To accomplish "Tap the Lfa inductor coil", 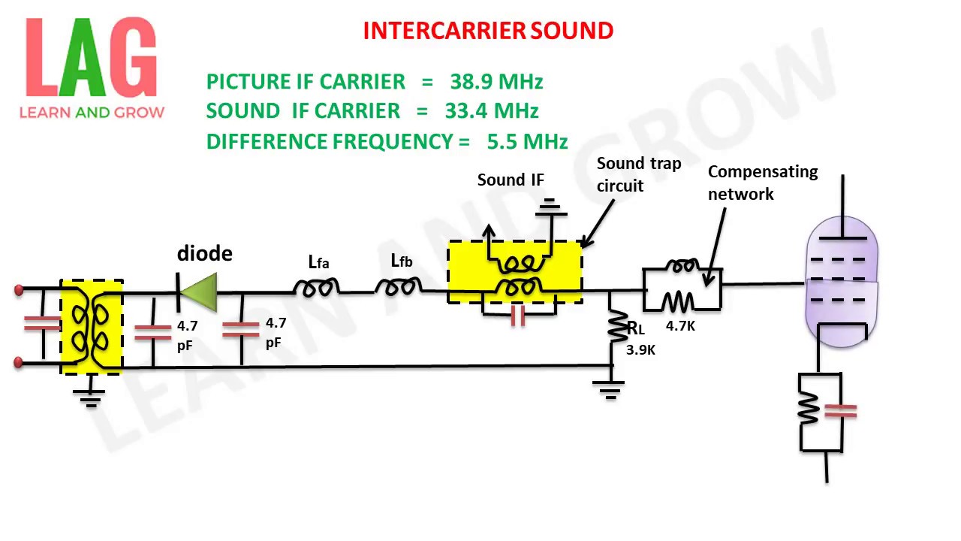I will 315,286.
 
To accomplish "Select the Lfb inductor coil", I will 398,286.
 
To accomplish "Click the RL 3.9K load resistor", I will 617,328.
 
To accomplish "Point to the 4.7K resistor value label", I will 680,326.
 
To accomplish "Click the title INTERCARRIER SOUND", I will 488,31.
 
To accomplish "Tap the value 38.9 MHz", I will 496,81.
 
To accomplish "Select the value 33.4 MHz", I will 492,111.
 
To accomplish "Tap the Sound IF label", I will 511,180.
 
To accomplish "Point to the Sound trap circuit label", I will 638,174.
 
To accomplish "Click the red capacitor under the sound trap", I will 517,316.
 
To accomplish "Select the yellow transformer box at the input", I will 92,327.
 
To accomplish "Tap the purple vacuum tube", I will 842,281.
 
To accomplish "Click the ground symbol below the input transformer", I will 91,395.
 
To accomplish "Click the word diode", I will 204,254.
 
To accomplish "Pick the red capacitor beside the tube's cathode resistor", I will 840,410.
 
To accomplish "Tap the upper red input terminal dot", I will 19,290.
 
